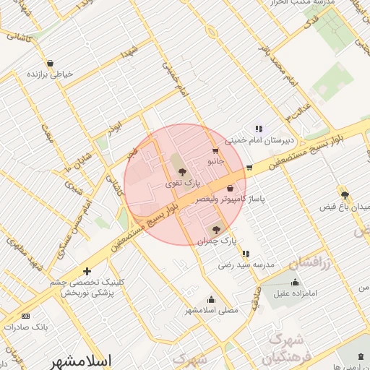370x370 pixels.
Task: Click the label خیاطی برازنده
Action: [48, 74]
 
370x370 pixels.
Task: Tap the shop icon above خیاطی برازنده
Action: [49, 64]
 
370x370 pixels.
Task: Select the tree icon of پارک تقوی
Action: [181, 172]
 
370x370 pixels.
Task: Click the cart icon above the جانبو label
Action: [215, 152]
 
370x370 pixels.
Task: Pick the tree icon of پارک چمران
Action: [218, 229]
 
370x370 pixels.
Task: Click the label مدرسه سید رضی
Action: [246, 265]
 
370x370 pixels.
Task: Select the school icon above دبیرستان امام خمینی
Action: [258, 129]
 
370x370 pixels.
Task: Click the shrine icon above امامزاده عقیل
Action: [294, 283]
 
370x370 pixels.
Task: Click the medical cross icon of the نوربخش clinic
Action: [87, 272]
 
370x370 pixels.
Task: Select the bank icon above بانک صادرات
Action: [26, 317]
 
